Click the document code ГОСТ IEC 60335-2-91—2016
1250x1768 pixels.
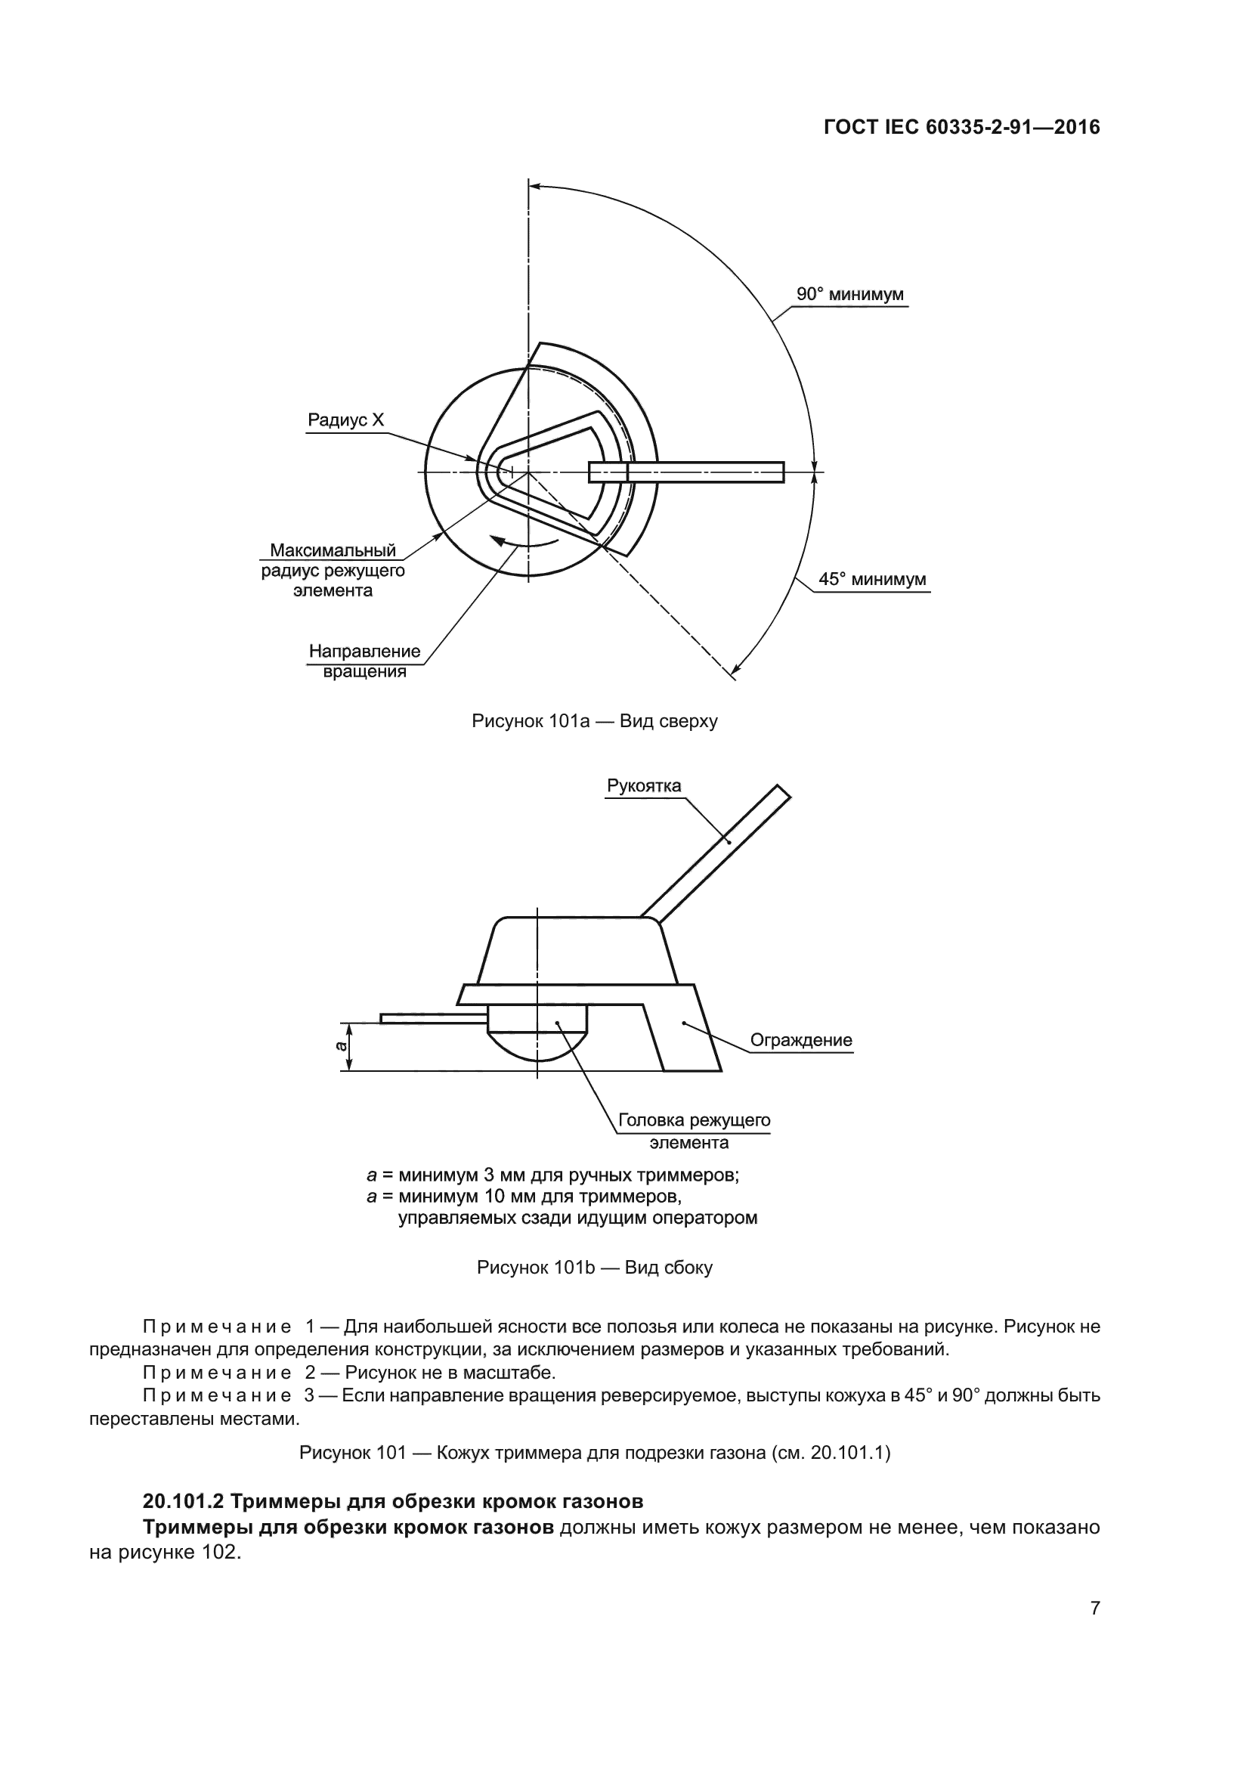[961, 127]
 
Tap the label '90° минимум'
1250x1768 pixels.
[849, 294]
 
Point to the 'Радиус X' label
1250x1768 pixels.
[345, 420]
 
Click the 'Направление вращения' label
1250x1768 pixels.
[365, 661]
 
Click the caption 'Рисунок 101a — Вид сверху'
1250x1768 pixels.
[594, 721]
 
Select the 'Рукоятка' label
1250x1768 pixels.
[643, 785]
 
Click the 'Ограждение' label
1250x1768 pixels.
[801, 1039]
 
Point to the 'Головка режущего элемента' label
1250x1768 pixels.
[694, 1130]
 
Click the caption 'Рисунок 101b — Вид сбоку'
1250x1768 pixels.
[594, 1268]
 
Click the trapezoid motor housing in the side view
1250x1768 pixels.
[577, 951]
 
